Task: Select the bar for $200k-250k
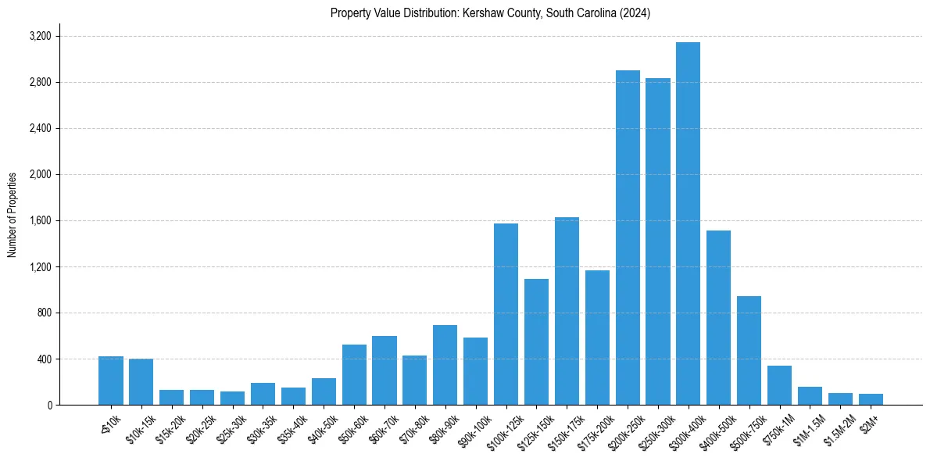(628, 238)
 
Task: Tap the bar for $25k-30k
(232, 398)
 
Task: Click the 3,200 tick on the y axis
(40, 36)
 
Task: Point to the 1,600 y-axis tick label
(40, 220)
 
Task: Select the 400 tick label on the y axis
(45, 359)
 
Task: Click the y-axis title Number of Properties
(13, 214)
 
